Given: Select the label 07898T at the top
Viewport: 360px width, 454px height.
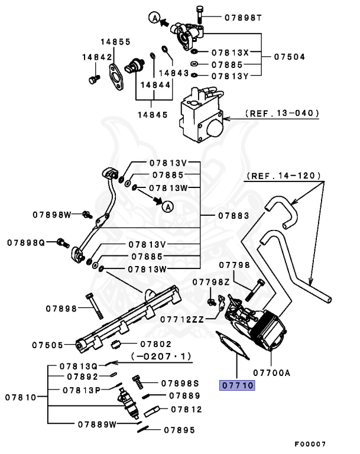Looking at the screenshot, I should [243, 18].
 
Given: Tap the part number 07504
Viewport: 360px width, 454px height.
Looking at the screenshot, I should [290, 57].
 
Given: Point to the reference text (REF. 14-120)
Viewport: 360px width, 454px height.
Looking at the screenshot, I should [284, 176].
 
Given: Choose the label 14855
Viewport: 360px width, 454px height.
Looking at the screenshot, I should [115, 42].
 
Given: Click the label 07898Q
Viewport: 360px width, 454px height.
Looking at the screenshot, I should [26, 242].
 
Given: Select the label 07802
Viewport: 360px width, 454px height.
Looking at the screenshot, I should [155, 343].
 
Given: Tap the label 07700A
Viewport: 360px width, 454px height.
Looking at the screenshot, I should [273, 372].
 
